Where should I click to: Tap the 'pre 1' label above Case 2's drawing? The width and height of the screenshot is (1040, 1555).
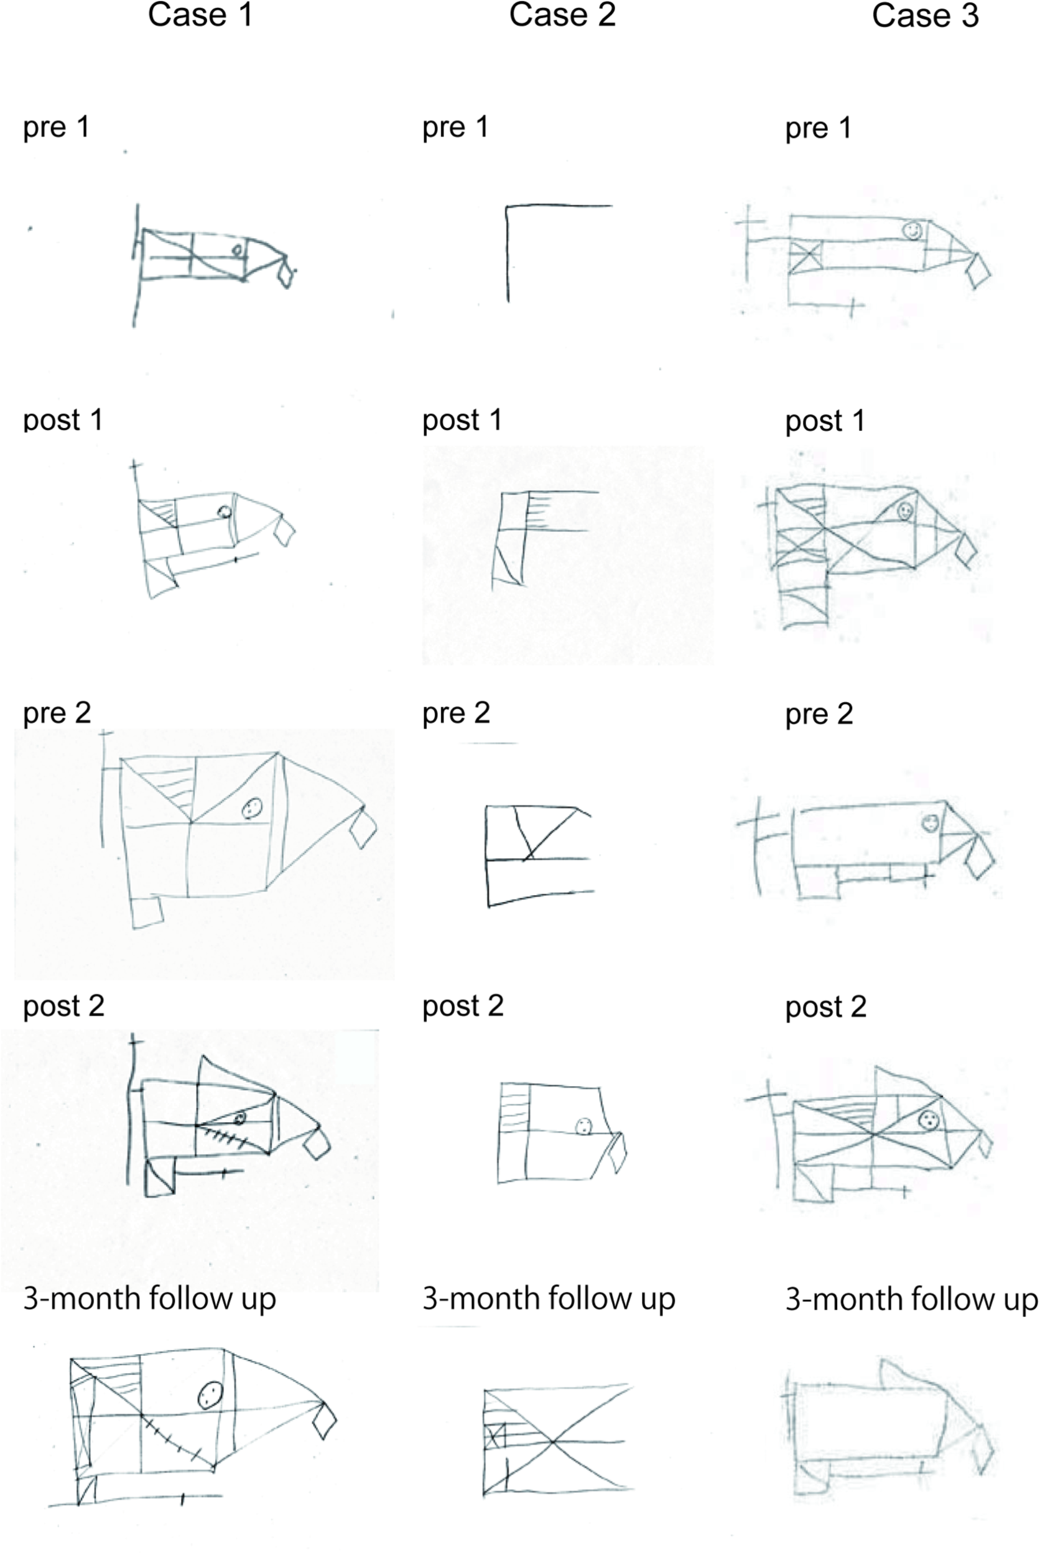(455, 127)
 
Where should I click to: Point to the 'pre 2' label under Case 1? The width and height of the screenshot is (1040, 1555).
(57, 713)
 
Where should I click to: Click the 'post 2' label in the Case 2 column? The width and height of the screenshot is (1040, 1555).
(462, 1006)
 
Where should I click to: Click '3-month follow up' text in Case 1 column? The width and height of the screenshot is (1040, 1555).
(149, 1298)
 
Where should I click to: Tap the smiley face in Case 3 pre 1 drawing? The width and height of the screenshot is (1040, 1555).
(912, 230)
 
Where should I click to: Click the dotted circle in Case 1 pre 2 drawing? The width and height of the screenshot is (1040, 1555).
(252, 808)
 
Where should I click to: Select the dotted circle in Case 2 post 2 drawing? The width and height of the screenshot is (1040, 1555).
(583, 1126)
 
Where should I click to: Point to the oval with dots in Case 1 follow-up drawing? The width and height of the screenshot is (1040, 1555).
(210, 1395)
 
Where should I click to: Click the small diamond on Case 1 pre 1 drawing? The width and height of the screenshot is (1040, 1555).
(286, 274)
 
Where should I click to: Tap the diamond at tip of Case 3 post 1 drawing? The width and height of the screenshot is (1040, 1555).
(966, 550)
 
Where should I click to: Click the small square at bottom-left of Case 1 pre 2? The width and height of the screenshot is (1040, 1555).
(147, 912)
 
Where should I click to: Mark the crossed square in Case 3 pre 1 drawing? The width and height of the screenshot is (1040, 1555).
(806, 256)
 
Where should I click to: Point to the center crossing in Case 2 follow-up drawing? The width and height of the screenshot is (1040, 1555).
(552, 1441)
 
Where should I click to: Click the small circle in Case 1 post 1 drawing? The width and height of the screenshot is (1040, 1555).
(224, 512)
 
